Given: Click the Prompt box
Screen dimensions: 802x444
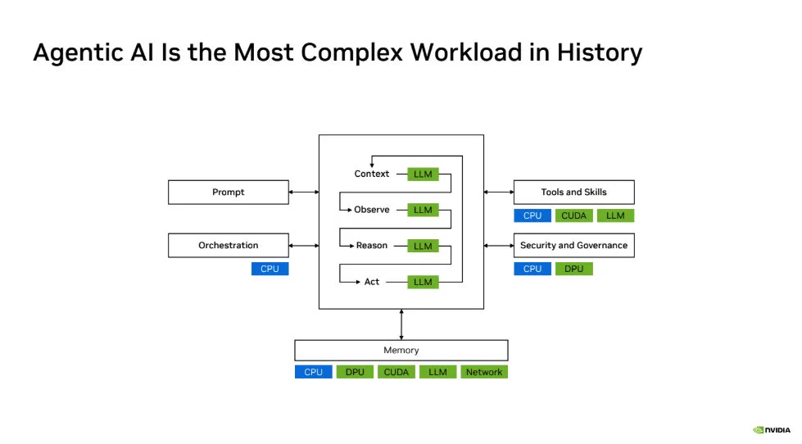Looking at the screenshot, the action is point(228,193).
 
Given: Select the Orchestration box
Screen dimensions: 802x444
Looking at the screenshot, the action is point(228,246).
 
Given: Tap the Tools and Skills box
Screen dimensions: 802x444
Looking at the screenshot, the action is point(574,193).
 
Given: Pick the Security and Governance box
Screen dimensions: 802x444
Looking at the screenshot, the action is point(574,246).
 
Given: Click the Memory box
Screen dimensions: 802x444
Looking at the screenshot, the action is point(401,351).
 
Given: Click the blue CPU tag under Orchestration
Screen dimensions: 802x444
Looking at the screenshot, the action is point(270,269).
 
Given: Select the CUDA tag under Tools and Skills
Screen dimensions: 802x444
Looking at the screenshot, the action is point(574,216).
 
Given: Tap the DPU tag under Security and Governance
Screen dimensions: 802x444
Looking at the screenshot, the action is point(574,269).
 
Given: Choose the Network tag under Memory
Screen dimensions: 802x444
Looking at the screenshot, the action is point(484,373).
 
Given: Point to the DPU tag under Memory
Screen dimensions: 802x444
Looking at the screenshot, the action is point(355,373).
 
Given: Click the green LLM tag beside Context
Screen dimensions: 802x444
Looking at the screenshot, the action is point(423,174).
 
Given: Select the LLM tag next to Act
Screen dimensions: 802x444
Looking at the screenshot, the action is point(423,282).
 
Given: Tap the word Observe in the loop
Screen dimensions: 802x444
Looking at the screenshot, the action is point(372,210).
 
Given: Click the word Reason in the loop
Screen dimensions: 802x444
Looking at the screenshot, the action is point(372,246).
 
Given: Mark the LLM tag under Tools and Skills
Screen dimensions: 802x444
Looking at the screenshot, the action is point(615,216).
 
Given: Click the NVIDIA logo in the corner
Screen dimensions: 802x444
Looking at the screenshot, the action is point(772,430).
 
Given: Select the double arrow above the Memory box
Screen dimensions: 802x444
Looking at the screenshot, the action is point(401,325).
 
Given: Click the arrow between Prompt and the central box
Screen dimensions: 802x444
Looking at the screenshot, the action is point(304,193).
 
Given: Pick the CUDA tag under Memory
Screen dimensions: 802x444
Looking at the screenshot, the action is point(396,373).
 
